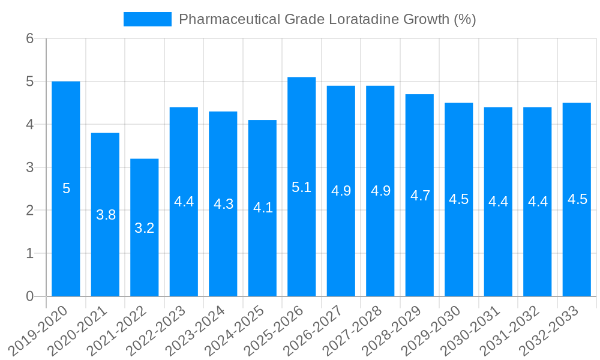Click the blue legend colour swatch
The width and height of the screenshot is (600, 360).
(x=147, y=19)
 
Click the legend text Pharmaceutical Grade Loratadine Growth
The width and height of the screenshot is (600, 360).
(x=327, y=19)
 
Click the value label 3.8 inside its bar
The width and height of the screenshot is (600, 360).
(x=106, y=215)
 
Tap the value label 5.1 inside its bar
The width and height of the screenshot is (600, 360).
(x=302, y=187)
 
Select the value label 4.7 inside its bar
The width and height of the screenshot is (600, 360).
(x=419, y=196)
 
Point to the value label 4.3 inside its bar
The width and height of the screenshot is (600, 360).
(x=223, y=204)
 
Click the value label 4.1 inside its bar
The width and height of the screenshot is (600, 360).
(x=263, y=208)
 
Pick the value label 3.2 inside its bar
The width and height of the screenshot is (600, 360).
(x=145, y=228)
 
